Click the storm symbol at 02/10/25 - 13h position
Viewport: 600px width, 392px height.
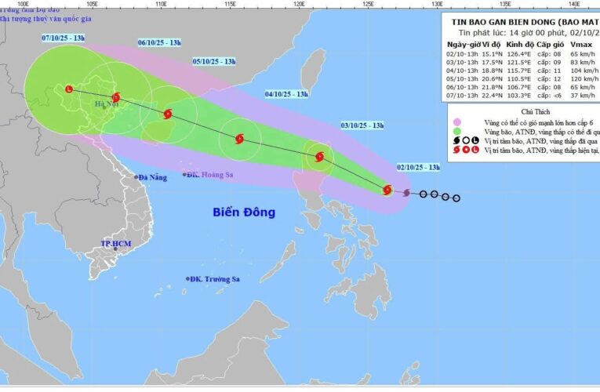(387, 189)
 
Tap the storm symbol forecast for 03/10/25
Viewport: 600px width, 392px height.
(319, 157)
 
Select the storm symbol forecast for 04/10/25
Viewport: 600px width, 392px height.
(239, 140)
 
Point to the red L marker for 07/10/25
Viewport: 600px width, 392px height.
(69, 89)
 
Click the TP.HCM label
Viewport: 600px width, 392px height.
(115, 245)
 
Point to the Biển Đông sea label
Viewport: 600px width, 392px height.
(244, 212)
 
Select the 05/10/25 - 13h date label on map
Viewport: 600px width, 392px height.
(214, 61)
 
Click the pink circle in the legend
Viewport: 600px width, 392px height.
(456, 122)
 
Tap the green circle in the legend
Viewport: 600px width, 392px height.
(456, 132)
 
